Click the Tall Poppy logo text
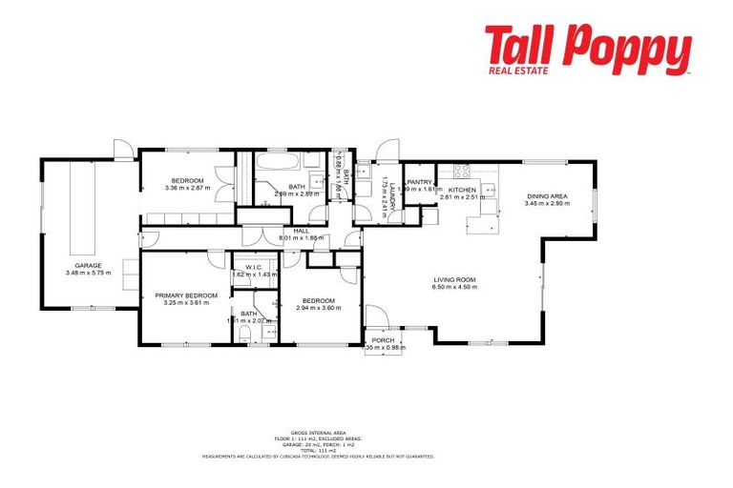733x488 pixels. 586,46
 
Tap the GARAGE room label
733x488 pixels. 88,265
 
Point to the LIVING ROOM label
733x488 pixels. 452,279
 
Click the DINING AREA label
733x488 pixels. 548,196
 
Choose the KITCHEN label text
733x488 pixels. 463,190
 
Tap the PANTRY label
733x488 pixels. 419,182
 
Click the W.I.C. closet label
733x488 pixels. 253,267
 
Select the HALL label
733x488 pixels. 301,231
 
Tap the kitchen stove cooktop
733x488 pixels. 462,172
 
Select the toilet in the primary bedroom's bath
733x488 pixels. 245,336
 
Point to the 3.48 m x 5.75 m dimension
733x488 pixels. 88,273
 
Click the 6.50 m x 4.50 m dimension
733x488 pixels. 452,287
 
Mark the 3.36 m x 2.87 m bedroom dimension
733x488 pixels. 187,188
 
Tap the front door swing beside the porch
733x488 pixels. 375,315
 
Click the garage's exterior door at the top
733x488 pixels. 122,150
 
